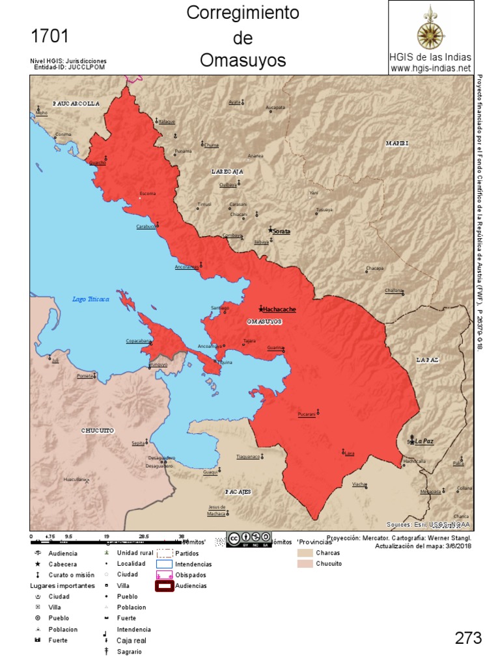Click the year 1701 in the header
click(x=49, y=36)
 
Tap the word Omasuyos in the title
click(x=243, y=60)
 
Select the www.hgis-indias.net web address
click(x=430, y=68)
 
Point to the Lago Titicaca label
click(x=90, y=299)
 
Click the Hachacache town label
click(x=279, y=310)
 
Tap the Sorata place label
click(x=281, y=232)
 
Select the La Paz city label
click(x=424, y=441)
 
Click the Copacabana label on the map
click(x=138, y=341)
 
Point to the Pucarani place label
click(x=306, y=414)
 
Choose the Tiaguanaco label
click(x=248, y=457)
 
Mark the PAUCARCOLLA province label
click(x=76, y=103)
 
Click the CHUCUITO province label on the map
click(x=98, y=431)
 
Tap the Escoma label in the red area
click(x=148, y=193)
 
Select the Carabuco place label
click(x=146, y=226)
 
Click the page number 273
click(x=468, y=638)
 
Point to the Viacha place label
click(x=359, y=485)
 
